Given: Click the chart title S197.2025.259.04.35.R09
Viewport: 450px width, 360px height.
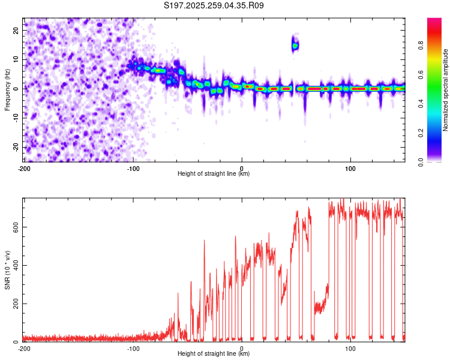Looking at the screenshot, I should pos(214,6).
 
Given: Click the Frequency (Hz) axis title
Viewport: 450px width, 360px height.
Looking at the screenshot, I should pos(7,89).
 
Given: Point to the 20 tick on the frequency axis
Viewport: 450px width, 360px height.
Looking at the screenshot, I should pos(16,30).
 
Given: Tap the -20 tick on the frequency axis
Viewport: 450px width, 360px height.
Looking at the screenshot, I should pos(15,148).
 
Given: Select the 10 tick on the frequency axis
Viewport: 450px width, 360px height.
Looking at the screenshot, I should pos(16,59).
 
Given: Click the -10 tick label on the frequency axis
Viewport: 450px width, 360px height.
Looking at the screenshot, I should pos(15,118).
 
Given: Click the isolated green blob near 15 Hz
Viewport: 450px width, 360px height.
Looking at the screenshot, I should pos(295,45).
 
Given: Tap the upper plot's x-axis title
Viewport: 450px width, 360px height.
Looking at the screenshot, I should pos(214,174).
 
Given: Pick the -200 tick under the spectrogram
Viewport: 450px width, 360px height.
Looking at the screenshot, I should pos(24,168).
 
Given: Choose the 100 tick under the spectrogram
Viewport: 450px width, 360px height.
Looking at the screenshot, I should pos(350,168).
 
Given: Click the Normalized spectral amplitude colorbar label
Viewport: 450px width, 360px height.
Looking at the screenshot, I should pos(446,90).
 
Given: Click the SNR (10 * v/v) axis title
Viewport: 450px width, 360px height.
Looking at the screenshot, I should pos(7,270).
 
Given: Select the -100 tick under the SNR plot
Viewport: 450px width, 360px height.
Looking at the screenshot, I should pos(133,348).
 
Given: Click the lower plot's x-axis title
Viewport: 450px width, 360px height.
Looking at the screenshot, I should pos(214,354).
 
